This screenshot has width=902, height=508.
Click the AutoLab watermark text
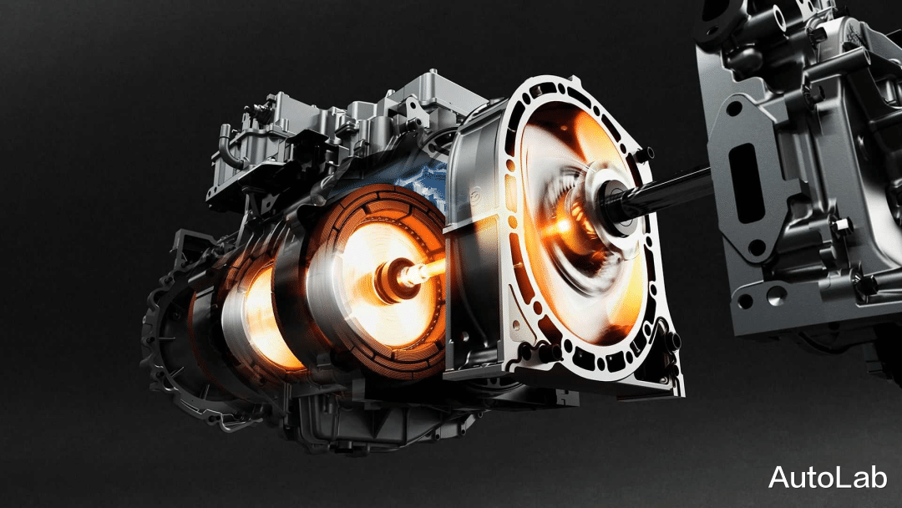point(827,477)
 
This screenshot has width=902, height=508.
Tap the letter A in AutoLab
point(779,477)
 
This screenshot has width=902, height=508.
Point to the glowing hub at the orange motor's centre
point(396,278)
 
